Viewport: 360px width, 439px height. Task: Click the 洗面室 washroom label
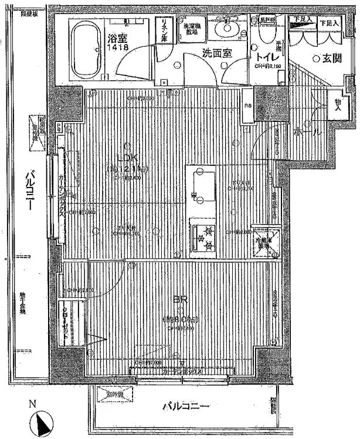click(217, 53)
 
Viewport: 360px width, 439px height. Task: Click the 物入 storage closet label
click(338, 104)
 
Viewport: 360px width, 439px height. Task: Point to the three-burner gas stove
click(202, 237)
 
